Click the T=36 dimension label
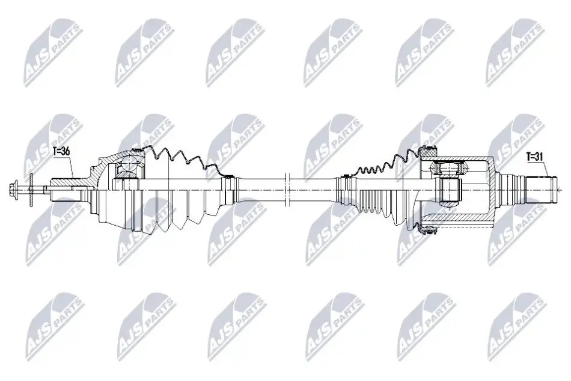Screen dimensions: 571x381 point(61,152)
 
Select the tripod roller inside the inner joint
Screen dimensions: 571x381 point(448,169)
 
